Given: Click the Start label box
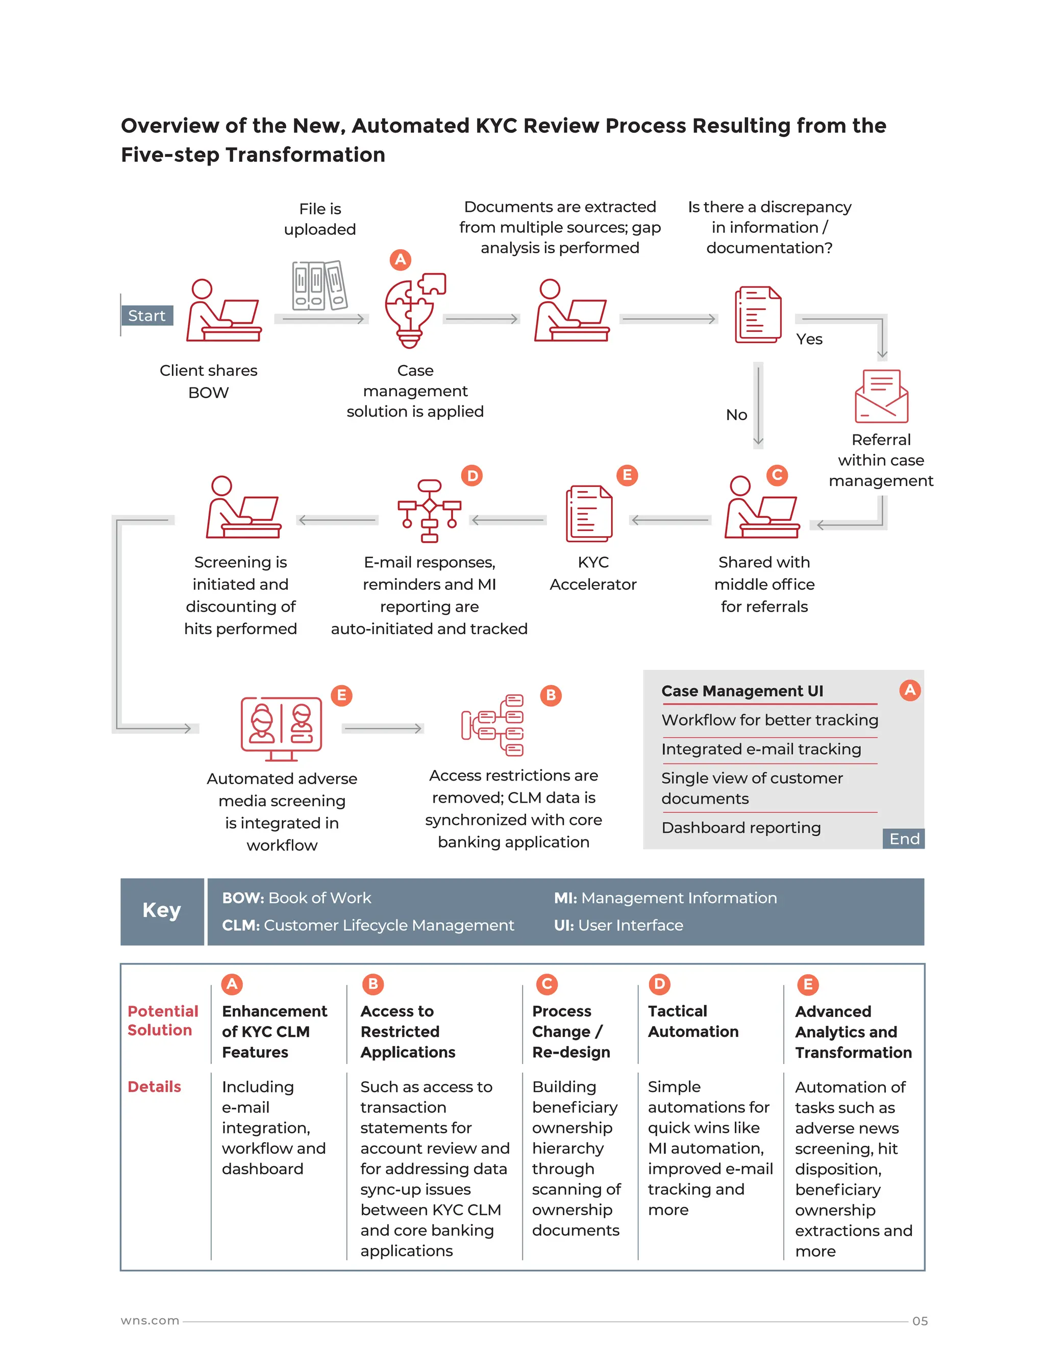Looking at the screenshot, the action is point(147,316).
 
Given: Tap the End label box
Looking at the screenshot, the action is point(904,839).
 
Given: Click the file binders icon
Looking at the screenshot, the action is point(319,285).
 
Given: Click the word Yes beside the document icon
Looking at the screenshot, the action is point(809,340).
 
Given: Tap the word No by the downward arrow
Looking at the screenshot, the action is point(736,415).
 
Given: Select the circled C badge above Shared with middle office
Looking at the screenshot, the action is point(777,475).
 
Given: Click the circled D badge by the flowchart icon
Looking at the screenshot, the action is point(472,475).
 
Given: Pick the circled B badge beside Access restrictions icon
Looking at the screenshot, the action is point(551,695).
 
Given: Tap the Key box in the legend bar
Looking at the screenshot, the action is point(162,911).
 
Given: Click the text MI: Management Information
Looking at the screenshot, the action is point(665,898).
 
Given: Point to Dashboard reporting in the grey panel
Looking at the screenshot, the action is point(741,828).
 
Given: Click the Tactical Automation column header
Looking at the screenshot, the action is point(693,1021).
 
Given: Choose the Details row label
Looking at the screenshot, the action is point(154,1086).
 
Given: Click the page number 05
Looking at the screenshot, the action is point(919,1321).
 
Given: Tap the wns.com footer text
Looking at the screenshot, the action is point(150,1320).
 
